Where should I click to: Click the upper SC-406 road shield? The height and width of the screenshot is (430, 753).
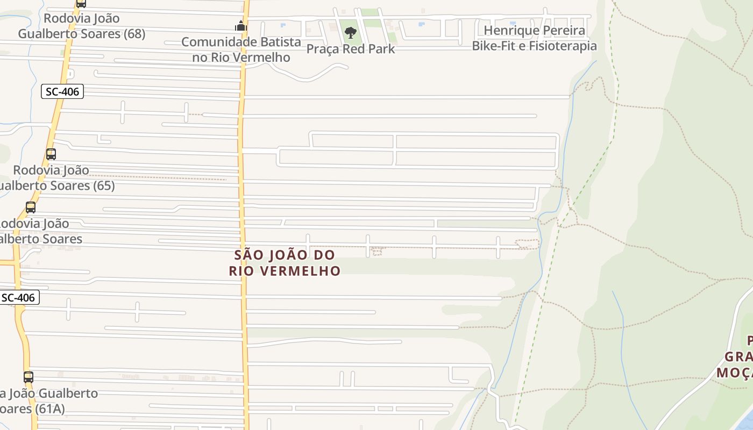pos(62,91)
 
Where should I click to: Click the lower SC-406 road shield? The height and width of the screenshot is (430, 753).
pos(19,297)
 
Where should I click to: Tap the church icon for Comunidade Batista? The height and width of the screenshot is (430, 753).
pos(240,26)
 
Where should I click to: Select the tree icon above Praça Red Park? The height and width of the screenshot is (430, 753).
pos(351,32)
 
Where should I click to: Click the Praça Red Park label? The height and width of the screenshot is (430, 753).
pos(351,49)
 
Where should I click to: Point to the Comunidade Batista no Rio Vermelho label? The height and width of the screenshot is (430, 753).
pos(241,49)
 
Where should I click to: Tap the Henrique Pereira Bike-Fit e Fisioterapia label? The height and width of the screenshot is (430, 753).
pos(534,38)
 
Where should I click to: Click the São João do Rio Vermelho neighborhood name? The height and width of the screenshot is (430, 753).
pos(285,262)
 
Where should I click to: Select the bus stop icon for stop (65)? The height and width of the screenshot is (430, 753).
pos(51,154)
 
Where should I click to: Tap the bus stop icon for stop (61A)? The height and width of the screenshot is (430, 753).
pos(29,377)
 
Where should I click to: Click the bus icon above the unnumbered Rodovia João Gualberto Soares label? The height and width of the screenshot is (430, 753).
pos(31,207)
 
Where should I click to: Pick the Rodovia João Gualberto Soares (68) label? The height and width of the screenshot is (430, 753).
pos(82,26)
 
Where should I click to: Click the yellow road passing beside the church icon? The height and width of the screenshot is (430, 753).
pos(244,81)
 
